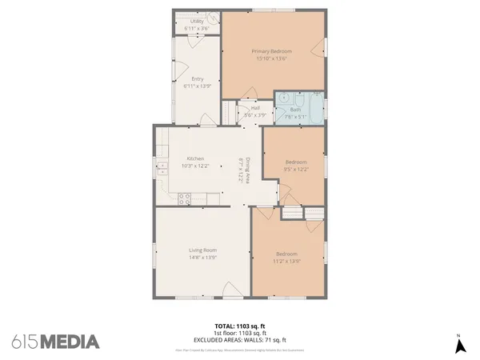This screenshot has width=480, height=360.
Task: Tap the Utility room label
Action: point(197,21)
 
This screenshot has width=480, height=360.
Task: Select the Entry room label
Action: point(198,78)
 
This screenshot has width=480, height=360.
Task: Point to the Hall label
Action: point(255,108)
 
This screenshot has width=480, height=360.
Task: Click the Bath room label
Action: point(295,110)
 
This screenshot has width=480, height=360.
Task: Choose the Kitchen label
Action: point(196,158)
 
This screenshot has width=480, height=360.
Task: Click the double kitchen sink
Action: point(161,168)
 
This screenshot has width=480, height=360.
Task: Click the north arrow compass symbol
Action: point(460,345)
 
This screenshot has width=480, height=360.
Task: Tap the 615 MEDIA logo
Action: point(56,342)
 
